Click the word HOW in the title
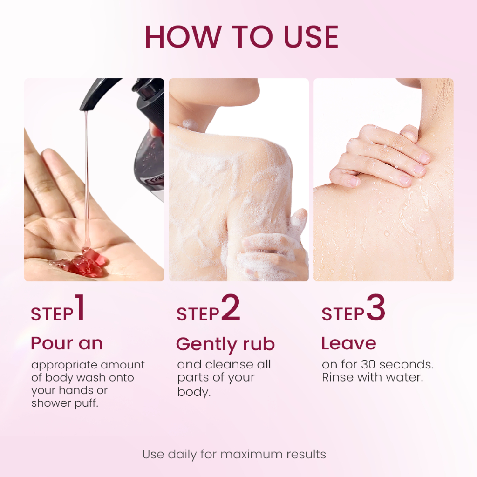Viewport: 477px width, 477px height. pyautogui.click(x=182, y=37)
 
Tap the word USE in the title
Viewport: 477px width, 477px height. pyautogui.click(x=311, y=37)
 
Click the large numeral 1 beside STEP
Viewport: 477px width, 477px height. pyautogui.click(x=80, y=307)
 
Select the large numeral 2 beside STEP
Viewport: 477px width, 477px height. pyautogui.click(x=231, y=307)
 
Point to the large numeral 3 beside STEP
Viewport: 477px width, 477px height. pyautogui.click(x=376, y=307)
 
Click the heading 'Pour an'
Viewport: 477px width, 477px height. pyautogui.click(x=67, y=343)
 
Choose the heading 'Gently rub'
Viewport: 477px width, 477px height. pyautogui.click(x=225, y=344)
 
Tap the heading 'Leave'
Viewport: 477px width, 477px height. pyautogui.click(x=348, y=343)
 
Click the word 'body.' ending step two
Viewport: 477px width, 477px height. pyautogui.click(x=194, y=391)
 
